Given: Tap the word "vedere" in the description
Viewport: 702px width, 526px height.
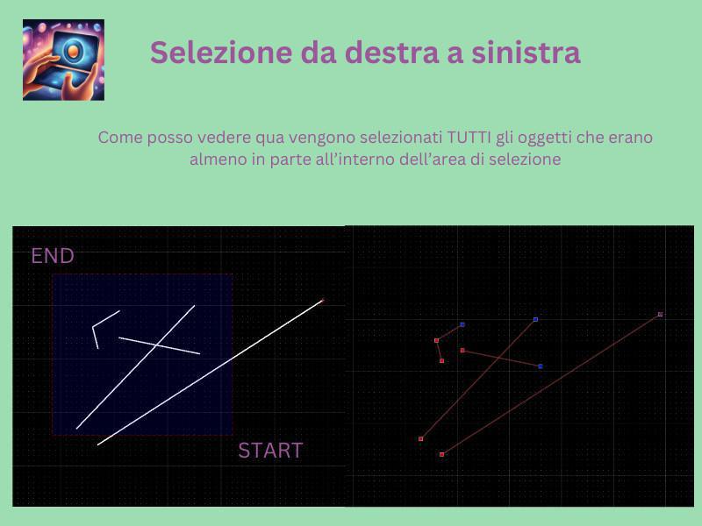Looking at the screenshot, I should click(224, 138).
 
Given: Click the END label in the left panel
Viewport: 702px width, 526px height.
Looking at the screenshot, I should click(53, 257).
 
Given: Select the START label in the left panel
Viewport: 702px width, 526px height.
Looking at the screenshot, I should click(270, 451).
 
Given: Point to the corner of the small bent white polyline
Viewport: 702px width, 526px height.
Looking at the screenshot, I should click(93, 327).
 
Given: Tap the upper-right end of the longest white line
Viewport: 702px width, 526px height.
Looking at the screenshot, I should click(322, 301).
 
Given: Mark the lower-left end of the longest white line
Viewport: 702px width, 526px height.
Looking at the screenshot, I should click(97, 444).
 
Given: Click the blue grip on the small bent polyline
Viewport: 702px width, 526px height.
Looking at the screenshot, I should click(462, 324).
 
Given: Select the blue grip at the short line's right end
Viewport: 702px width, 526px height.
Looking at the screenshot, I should click(540, 366).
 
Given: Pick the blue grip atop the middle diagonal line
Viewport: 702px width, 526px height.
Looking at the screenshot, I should click(535, 319).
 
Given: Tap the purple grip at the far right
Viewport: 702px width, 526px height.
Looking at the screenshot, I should click(660, 314).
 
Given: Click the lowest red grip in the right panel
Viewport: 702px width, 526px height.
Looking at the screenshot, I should click(441, 454).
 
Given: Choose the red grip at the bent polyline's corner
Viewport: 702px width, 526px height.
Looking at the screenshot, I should click(436, 340).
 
